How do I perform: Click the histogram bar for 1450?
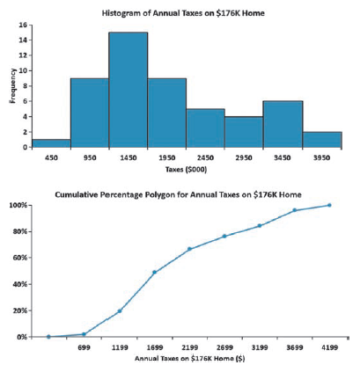click(x=129, y=90)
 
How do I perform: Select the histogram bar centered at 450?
click(x=51, y=143)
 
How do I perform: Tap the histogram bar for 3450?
click(x=283, y=124)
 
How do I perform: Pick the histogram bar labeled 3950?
click(x=322, y=140)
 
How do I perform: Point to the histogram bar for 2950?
click(x=244, y=132)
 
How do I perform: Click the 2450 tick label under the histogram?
click(x=205, y=157)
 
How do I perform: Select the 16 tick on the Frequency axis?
click(x=23, y=25)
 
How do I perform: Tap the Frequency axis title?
click(x=12, y=85)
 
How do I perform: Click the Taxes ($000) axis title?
click(x=186, y=170)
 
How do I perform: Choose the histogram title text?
click(x=183, y=13)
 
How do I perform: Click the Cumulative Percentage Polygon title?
click(x=178, y=194)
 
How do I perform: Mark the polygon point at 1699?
click(x=155, y=272)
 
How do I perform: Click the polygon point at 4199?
click(x=329, y=205)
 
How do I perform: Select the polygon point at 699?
click(x=84, y=334)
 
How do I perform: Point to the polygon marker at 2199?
click(x=189, y=249)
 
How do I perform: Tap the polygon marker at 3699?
click(x=295, y=210)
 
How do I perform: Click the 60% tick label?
click(x=20, y=258)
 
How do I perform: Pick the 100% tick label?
click(x=18, y=205)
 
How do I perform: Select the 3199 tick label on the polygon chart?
click(x=260, y=347)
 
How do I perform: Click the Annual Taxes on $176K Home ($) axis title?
click(x=190, y=358)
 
